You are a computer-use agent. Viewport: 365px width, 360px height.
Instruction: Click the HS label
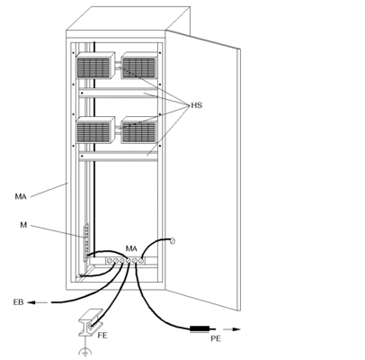[197, 105]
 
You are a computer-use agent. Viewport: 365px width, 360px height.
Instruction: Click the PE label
[216, 338]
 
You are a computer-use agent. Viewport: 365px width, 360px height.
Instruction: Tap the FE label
[102, 335]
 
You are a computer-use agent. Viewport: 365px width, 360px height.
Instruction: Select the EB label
[18, 302]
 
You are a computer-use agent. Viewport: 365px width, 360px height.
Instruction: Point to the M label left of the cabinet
[23, 225]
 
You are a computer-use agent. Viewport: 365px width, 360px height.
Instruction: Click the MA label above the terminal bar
[131, 248]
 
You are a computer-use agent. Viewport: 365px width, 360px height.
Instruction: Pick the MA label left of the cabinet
[21, 197]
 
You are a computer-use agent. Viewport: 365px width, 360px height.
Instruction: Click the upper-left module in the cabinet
[95, 66]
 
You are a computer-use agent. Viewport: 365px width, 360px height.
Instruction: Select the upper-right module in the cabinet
[139, 66]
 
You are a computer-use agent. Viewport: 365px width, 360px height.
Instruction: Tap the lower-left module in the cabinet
[95, 130]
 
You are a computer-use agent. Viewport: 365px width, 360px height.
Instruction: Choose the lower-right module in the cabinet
[139, 130]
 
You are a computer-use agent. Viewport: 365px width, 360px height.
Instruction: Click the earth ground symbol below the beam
[85, 352]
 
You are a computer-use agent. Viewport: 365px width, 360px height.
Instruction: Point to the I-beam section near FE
[91, 322]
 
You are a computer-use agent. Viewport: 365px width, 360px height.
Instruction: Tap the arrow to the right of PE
[232, 329]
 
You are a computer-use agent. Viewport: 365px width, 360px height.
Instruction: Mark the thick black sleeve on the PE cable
[200, 329]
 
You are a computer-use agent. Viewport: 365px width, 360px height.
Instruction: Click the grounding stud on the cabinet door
[173, 240]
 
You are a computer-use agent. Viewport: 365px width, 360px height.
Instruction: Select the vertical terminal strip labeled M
[86, 242]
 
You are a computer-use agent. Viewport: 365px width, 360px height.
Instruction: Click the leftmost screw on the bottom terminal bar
[110, 261]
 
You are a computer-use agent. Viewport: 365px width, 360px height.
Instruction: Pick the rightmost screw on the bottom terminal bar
[141, 261]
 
